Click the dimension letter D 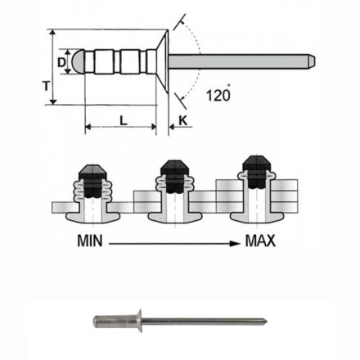[x=62, y=61]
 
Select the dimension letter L [x=121, y=120]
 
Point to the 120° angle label [x=218, y=94]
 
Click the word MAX [x=259, y=241]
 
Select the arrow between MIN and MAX [x=176, y=242]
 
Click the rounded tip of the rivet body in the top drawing [x=74, y=61]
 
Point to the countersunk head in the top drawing [x=162, y=61]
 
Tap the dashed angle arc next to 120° [x=196, y=61]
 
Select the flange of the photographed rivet [x=139, y=320]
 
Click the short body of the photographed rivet [x=115, y=321]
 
